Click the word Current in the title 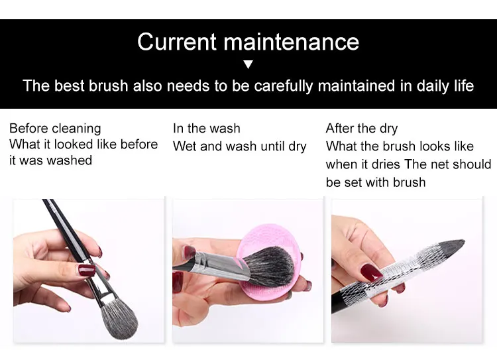click(177, 42)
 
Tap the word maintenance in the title click(292, 42)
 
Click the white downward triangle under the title click(248, 65)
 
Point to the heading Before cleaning click(55, 129)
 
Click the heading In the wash click(207, 129)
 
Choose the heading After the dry click(362, 129)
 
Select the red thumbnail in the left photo click(87, 270)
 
